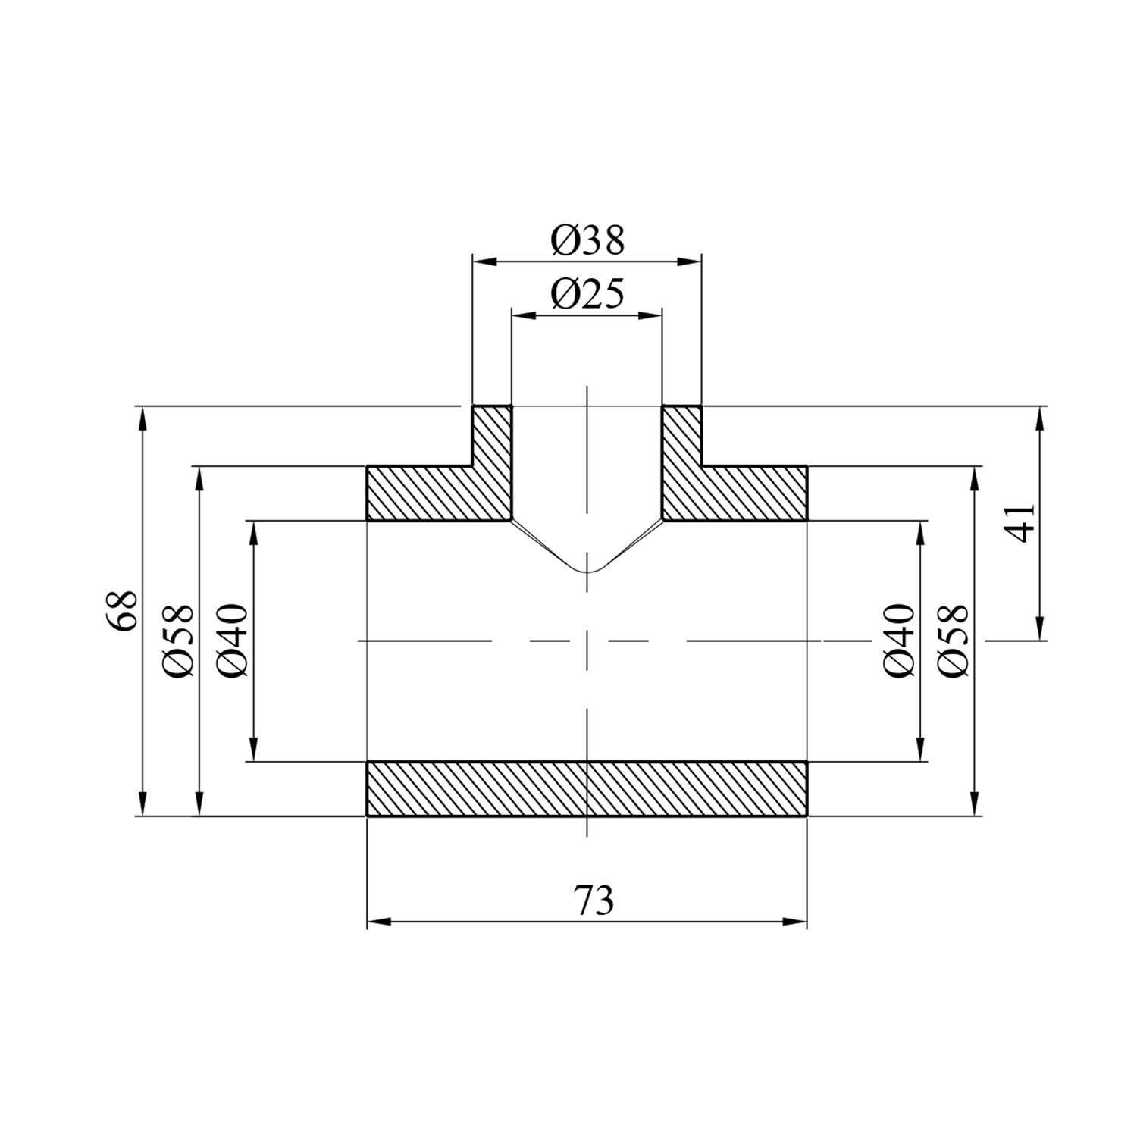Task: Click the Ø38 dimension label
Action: click(x=587, y=240)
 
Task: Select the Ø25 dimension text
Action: click(x=587, y=293)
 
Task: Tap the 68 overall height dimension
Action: click(x=121, y=610)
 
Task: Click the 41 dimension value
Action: click(x=1023, y=523)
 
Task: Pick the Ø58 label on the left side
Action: click(x=179, y=641)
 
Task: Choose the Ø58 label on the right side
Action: click(x=953, y=641)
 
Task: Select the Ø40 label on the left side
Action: click(x=232, y=641)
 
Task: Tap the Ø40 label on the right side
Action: click(x=900, y=641)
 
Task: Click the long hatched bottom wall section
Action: click(x=587, y=788)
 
